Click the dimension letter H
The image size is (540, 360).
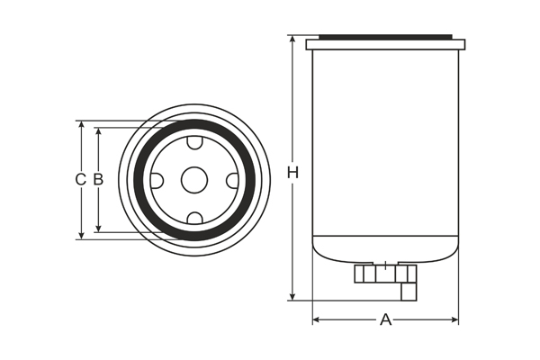[292, 171]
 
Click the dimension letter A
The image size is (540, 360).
[385, 319]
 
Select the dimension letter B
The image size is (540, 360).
[98, 180]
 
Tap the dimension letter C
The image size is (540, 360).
[80, 180]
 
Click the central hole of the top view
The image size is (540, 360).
[193, 180]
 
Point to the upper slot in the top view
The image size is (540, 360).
[193, 143]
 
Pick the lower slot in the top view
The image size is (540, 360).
[193, 217]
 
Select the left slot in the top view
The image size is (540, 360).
[157, 180]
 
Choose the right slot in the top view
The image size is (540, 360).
[231, 180]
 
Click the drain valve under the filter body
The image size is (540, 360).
[385, 273]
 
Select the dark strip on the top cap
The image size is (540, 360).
[385, 37]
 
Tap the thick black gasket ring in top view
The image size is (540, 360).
[193, 124]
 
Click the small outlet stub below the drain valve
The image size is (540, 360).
[409, 291]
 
